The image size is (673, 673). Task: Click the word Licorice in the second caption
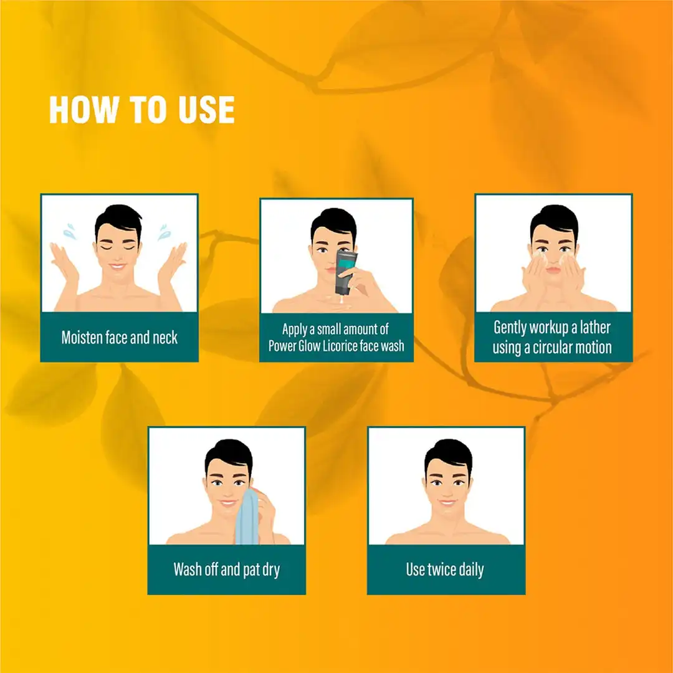click(x=344, y=345)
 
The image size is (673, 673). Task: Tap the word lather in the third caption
click(x=590, y=328)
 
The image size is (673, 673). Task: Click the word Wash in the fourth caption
click(x=188, y=570)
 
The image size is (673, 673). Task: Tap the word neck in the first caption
click(x=165, y=338)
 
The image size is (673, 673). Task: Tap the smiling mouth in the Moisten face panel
click(x=118, y=267)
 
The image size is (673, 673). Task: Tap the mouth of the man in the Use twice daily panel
click(x=447, y=502)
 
